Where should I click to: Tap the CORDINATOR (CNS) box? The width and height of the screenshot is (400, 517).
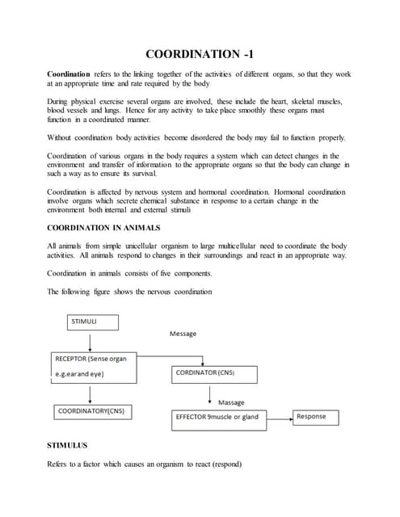214,374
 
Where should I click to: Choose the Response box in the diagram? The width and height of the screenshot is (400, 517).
315,417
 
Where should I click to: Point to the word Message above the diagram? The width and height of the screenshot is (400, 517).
183,334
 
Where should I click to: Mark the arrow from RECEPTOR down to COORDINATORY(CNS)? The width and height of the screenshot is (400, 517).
91,394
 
